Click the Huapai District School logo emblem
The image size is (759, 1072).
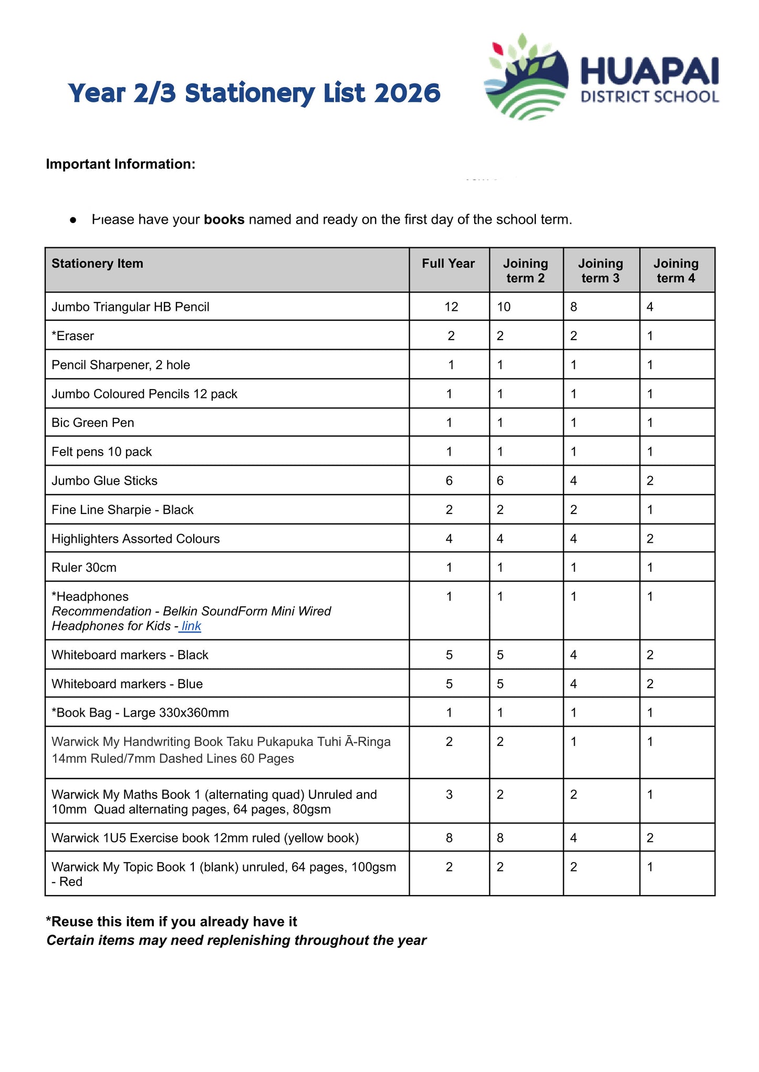coord(526,78)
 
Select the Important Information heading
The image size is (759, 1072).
coord(120,164)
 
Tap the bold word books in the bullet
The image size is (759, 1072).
coord(224,219)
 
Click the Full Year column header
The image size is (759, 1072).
coord(448,264)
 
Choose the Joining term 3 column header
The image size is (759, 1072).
coord(600,270)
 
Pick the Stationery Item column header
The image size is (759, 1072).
coord(97,264)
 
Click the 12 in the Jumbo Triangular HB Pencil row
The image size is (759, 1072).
coord(451,307)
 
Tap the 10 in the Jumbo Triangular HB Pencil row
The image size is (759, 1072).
coord(503,307)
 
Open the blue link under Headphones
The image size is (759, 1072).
coord(191,626)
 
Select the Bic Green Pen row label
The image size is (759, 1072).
coord(92,423)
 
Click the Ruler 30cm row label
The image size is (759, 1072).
coord(84,567)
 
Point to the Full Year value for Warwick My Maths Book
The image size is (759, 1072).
coord(449,794)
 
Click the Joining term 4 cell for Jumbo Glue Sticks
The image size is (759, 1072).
coord(650,481)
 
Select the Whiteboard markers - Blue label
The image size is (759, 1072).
coord(127,684)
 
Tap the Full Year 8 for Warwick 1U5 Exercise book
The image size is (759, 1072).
coord(449,838)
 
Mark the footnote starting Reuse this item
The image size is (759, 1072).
coord(171,922)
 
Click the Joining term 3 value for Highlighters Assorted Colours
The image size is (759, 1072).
coord(573,539)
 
